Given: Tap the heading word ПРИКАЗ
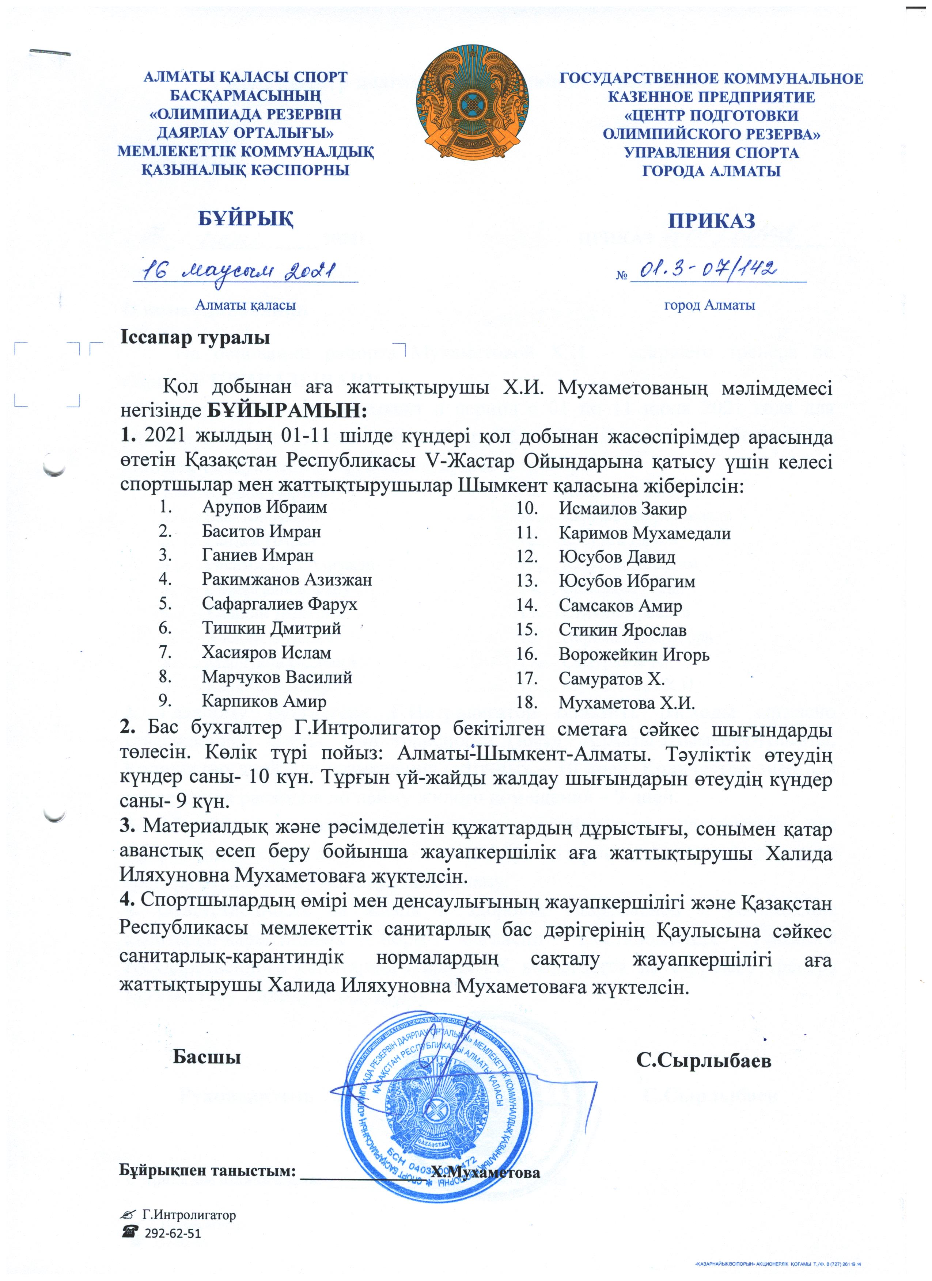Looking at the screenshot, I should click(x=712, y=220).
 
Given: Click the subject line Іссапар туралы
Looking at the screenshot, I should click(x=194, y=338).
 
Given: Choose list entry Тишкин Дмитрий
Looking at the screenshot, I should click(x=271, y=628).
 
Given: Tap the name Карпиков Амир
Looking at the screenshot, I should click(x=264, y=701).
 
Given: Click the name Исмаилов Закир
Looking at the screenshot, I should click(x=622, y=509).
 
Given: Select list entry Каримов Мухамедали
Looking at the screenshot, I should click(x=644, y=533).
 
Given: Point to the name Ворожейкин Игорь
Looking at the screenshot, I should click(x=634, y=655).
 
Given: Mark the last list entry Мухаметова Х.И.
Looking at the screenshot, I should click(x=626, y=703).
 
